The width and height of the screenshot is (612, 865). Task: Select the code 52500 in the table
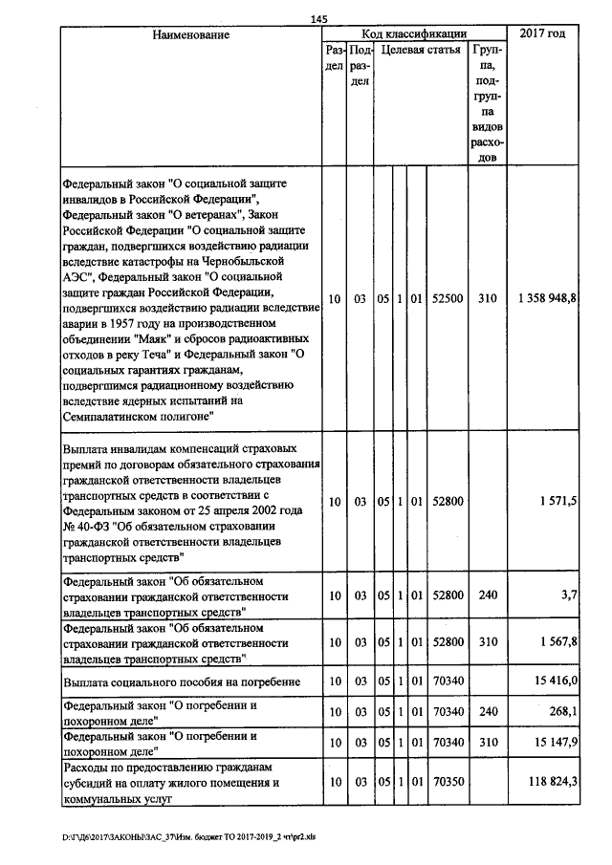click(x=447, y=299)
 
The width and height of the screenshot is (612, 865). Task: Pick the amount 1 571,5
click(x=559, y=500)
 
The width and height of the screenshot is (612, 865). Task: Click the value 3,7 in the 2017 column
click(x=570, y=595)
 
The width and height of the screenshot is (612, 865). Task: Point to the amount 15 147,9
click(x=556, y=742)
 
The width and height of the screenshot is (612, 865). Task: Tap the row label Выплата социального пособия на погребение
click(x=182, y=681)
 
